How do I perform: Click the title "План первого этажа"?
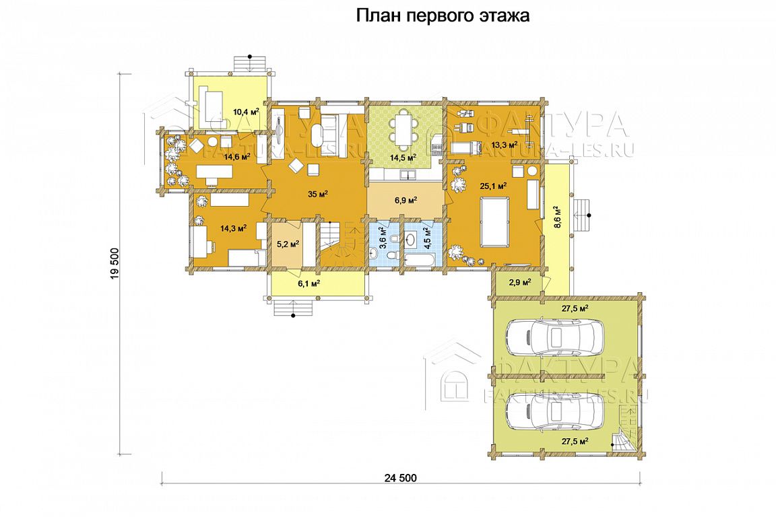click(x=443, y=16)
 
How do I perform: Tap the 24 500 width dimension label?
click(x=400, y=478)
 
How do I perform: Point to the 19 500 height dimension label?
click(x=115, y=263)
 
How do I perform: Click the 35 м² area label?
click(x=318, y=194)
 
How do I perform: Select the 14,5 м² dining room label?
click(x=403, y=158)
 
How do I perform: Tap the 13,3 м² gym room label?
click(x=505, y=145)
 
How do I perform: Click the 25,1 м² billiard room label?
click(x=493, y=186)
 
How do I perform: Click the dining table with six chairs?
click(x=402, y=130)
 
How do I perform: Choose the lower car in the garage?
click(x=555, y=413)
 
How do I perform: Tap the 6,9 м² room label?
click(x=406, y=200)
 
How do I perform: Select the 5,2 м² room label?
click(x=288, y=244)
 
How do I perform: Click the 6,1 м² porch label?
click(x=309, y=283)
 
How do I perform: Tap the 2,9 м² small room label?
click(x=520, y=282)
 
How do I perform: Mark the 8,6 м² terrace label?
click(x=557, y=216)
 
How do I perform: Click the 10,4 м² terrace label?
click(x=246, y=111)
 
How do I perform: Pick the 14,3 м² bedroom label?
click(x=234, y=228)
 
